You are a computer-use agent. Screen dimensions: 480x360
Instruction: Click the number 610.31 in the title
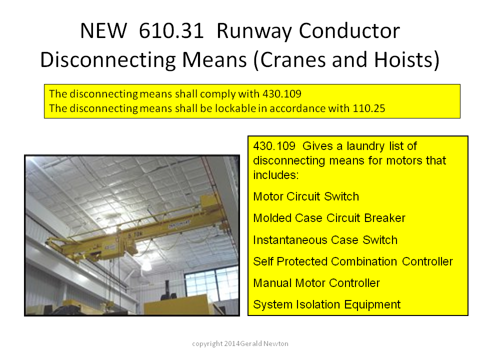point(171,31)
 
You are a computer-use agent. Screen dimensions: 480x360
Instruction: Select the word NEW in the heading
point(103,31)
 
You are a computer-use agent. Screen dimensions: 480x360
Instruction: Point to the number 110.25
point(369,108)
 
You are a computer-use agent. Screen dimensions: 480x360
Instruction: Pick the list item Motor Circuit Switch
point(306,196)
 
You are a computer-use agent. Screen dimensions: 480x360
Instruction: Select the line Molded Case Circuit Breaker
point(329,218)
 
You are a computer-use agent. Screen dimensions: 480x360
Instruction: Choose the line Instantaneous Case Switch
point(325,240)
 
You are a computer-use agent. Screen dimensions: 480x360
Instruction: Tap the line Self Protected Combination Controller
point(353,261)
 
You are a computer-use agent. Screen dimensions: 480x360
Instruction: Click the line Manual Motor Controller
point(316,283)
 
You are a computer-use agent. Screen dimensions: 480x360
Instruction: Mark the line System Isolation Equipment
point(327,304)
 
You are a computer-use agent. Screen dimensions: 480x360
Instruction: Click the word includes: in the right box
point(276,175)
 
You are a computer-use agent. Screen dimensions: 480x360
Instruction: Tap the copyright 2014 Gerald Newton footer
point(240,344)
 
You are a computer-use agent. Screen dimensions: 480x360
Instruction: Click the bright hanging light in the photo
point(146,264)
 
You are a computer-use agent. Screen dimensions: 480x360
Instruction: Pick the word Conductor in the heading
point(349,31)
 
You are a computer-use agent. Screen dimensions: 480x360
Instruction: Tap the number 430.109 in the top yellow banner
point(282,93)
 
